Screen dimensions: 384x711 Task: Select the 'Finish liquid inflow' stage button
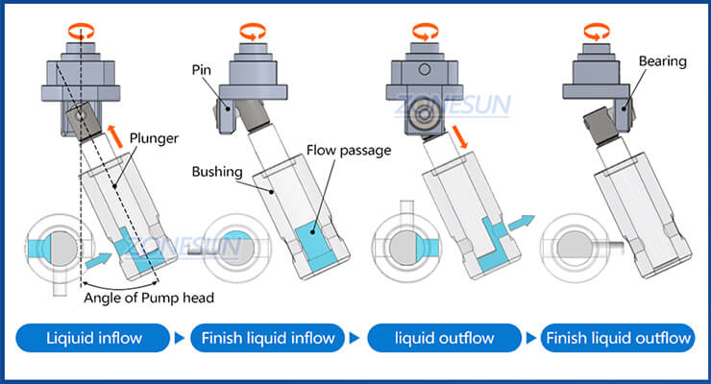coord(265,338)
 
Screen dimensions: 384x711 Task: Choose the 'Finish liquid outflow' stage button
coord(617,338)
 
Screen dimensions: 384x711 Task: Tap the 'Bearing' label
coord(662,61)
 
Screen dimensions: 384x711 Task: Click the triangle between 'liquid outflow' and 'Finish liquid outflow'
coord(529,338)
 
